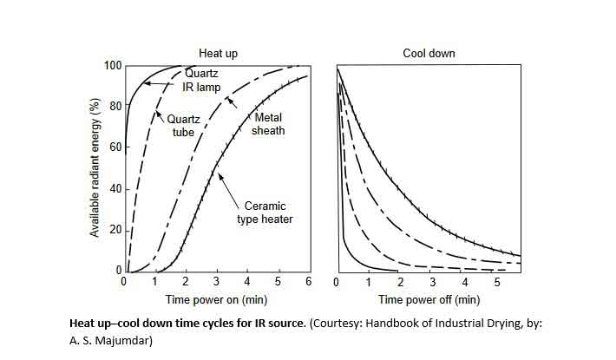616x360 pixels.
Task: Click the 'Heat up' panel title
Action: click(218, 54)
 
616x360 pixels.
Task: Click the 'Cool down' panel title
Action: click(429, 54)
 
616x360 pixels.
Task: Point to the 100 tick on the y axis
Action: click(112, 66)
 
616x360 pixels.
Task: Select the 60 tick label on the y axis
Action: click(115, 148)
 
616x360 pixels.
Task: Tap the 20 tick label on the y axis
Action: click(115, 231)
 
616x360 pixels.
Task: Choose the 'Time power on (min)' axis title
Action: click(218, 300)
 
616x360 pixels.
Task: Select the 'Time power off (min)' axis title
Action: click(429, 300)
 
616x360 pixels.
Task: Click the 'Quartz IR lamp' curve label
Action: click(202, 81)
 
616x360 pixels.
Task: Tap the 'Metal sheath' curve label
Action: click(268, 124)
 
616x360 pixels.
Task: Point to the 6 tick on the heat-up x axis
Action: click(309, 283)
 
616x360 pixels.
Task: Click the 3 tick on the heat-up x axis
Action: click(217, 283)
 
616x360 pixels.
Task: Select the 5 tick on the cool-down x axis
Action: click(497, 283)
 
